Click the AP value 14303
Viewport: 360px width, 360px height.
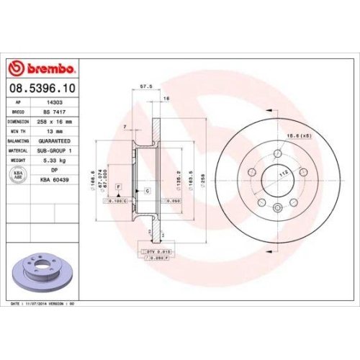coord(53,104)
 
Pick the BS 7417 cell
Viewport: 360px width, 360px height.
coord(53,113)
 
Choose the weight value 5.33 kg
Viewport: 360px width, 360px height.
coord(53,161)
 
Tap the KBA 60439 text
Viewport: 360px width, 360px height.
coord(53,180)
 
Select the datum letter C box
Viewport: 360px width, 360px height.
coord(147,190)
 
